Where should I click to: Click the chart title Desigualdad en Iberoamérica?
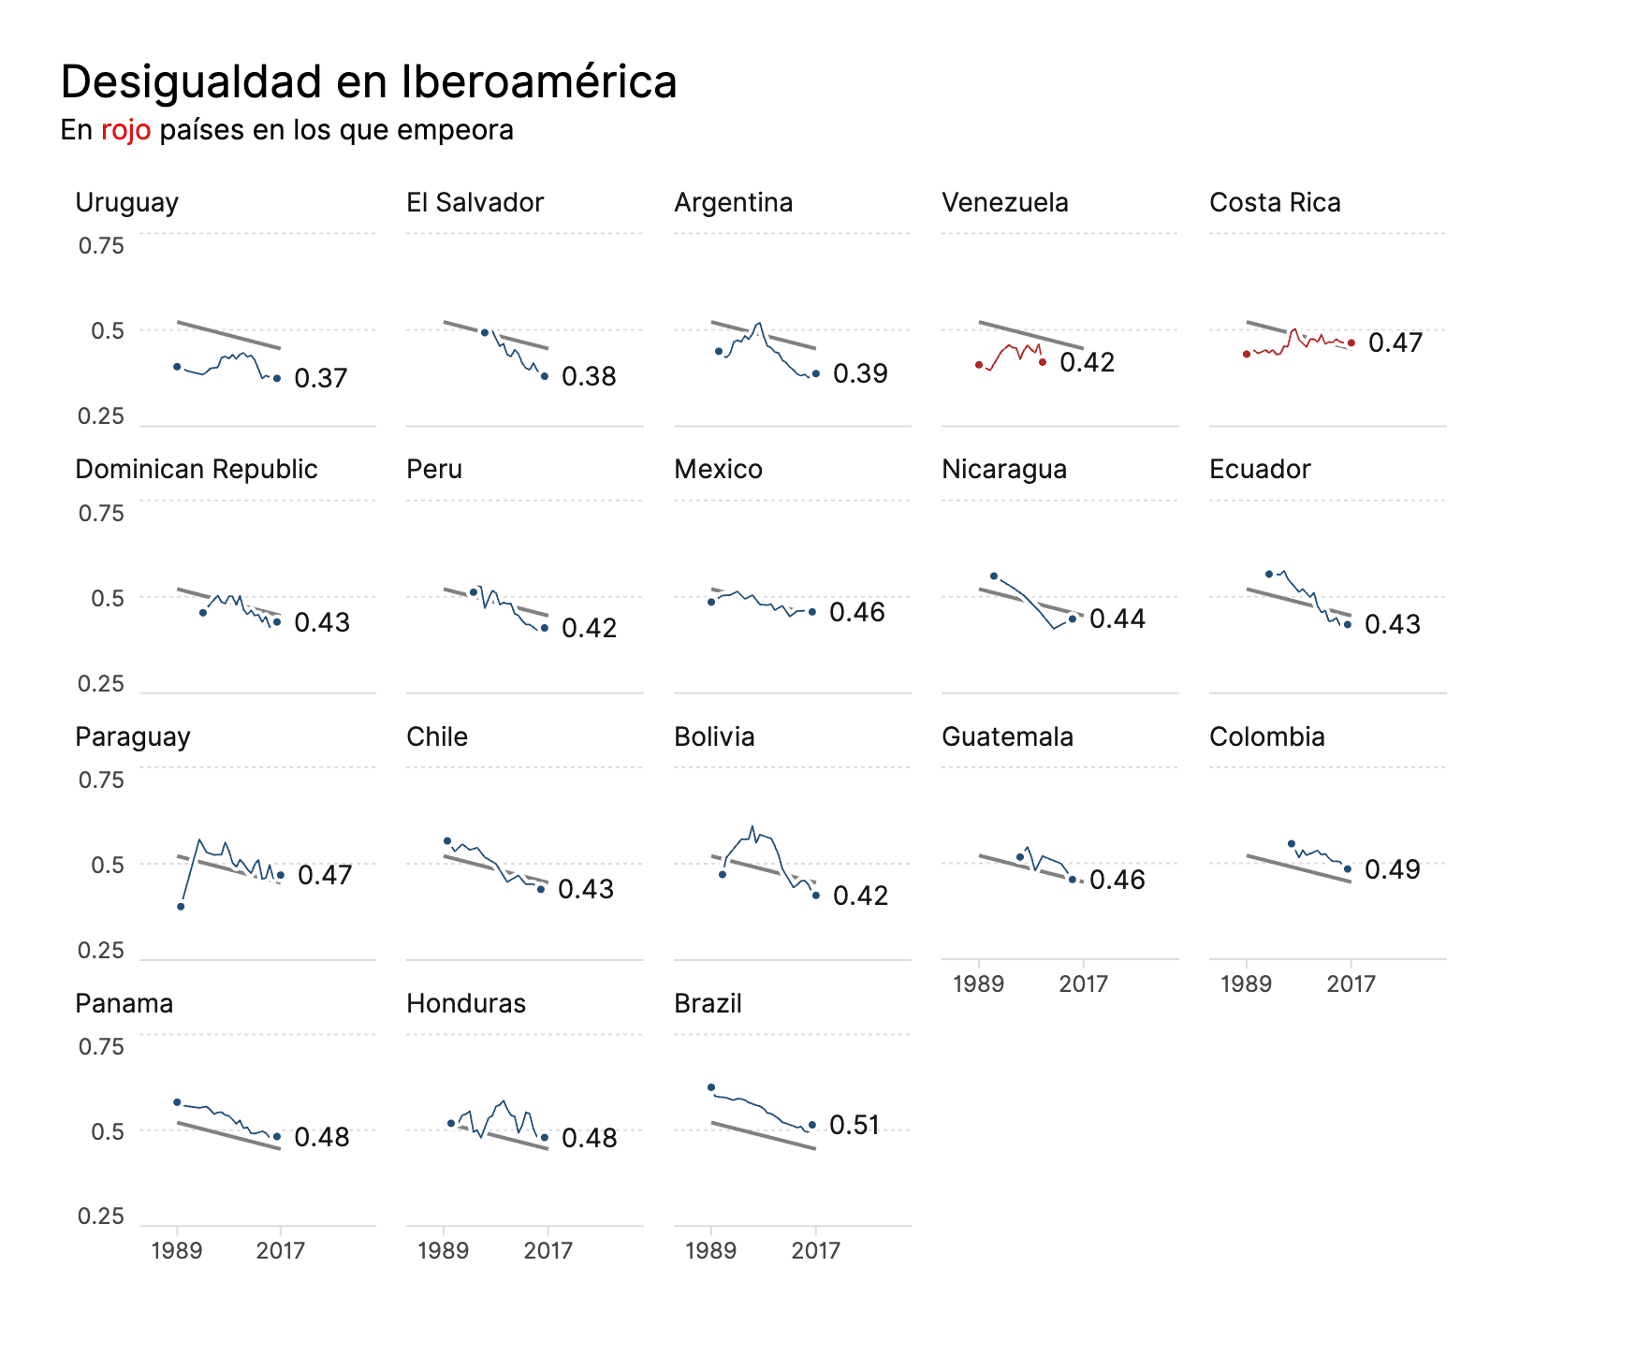tap(368, 81)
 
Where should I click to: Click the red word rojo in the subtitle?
tap(125, 130)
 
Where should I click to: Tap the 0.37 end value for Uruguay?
tap(320, 378)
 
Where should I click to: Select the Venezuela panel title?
tap(1004, 202)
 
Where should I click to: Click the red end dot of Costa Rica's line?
tap(1351, 343)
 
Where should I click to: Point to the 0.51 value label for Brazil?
tap(855, 1125)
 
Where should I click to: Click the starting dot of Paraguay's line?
tap(181, 907)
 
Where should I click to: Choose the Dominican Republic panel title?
tap(196, 469)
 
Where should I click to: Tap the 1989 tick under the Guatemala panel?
tap(978, 983)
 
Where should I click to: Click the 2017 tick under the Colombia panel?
tap(1351, 983)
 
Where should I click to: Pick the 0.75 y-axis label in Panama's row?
tap(101, 1046)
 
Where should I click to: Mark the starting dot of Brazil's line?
tap(711, 1087)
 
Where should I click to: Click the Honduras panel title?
tap(465, 1003)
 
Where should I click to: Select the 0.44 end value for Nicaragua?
tap(1117, 619)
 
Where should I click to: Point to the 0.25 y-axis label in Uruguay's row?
tap(101, 416)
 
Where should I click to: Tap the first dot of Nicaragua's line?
tap(994, 576)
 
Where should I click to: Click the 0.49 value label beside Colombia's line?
tap(1392, 869)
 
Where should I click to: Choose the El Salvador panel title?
tap(475, 202)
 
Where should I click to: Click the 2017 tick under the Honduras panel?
tap(548, 1250)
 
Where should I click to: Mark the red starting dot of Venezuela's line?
tap(979, 365)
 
